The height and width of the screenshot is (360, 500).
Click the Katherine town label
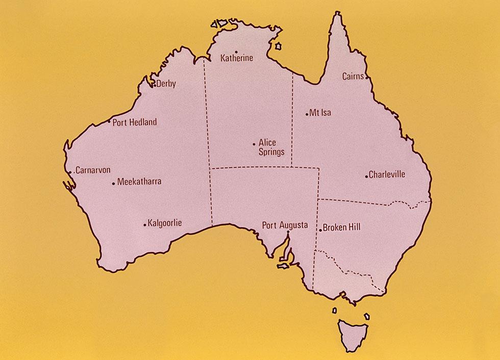point(237,58)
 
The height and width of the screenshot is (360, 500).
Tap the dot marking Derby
point(155,85)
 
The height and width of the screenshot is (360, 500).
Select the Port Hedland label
point(135,122)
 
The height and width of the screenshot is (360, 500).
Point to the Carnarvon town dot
point(70,172)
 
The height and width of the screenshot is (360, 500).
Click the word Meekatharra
point(139,182)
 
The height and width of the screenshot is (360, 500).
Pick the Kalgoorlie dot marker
point(145,224)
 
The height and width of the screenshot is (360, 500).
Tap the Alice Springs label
point(271,147)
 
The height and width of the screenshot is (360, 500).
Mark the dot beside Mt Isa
point(307,114)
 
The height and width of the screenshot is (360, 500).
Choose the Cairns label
point(353,76)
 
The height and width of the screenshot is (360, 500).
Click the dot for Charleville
point(366,176)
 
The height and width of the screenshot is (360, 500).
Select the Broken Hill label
point(341,227)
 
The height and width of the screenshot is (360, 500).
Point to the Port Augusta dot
point(288,233)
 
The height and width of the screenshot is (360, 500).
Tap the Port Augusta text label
point(285,224)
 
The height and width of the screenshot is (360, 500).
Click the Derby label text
point(166,84)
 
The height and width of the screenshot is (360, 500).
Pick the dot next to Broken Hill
point(320,230)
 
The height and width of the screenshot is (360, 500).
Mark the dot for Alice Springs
point(254,144)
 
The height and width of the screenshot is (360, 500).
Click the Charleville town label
point(387,174)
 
